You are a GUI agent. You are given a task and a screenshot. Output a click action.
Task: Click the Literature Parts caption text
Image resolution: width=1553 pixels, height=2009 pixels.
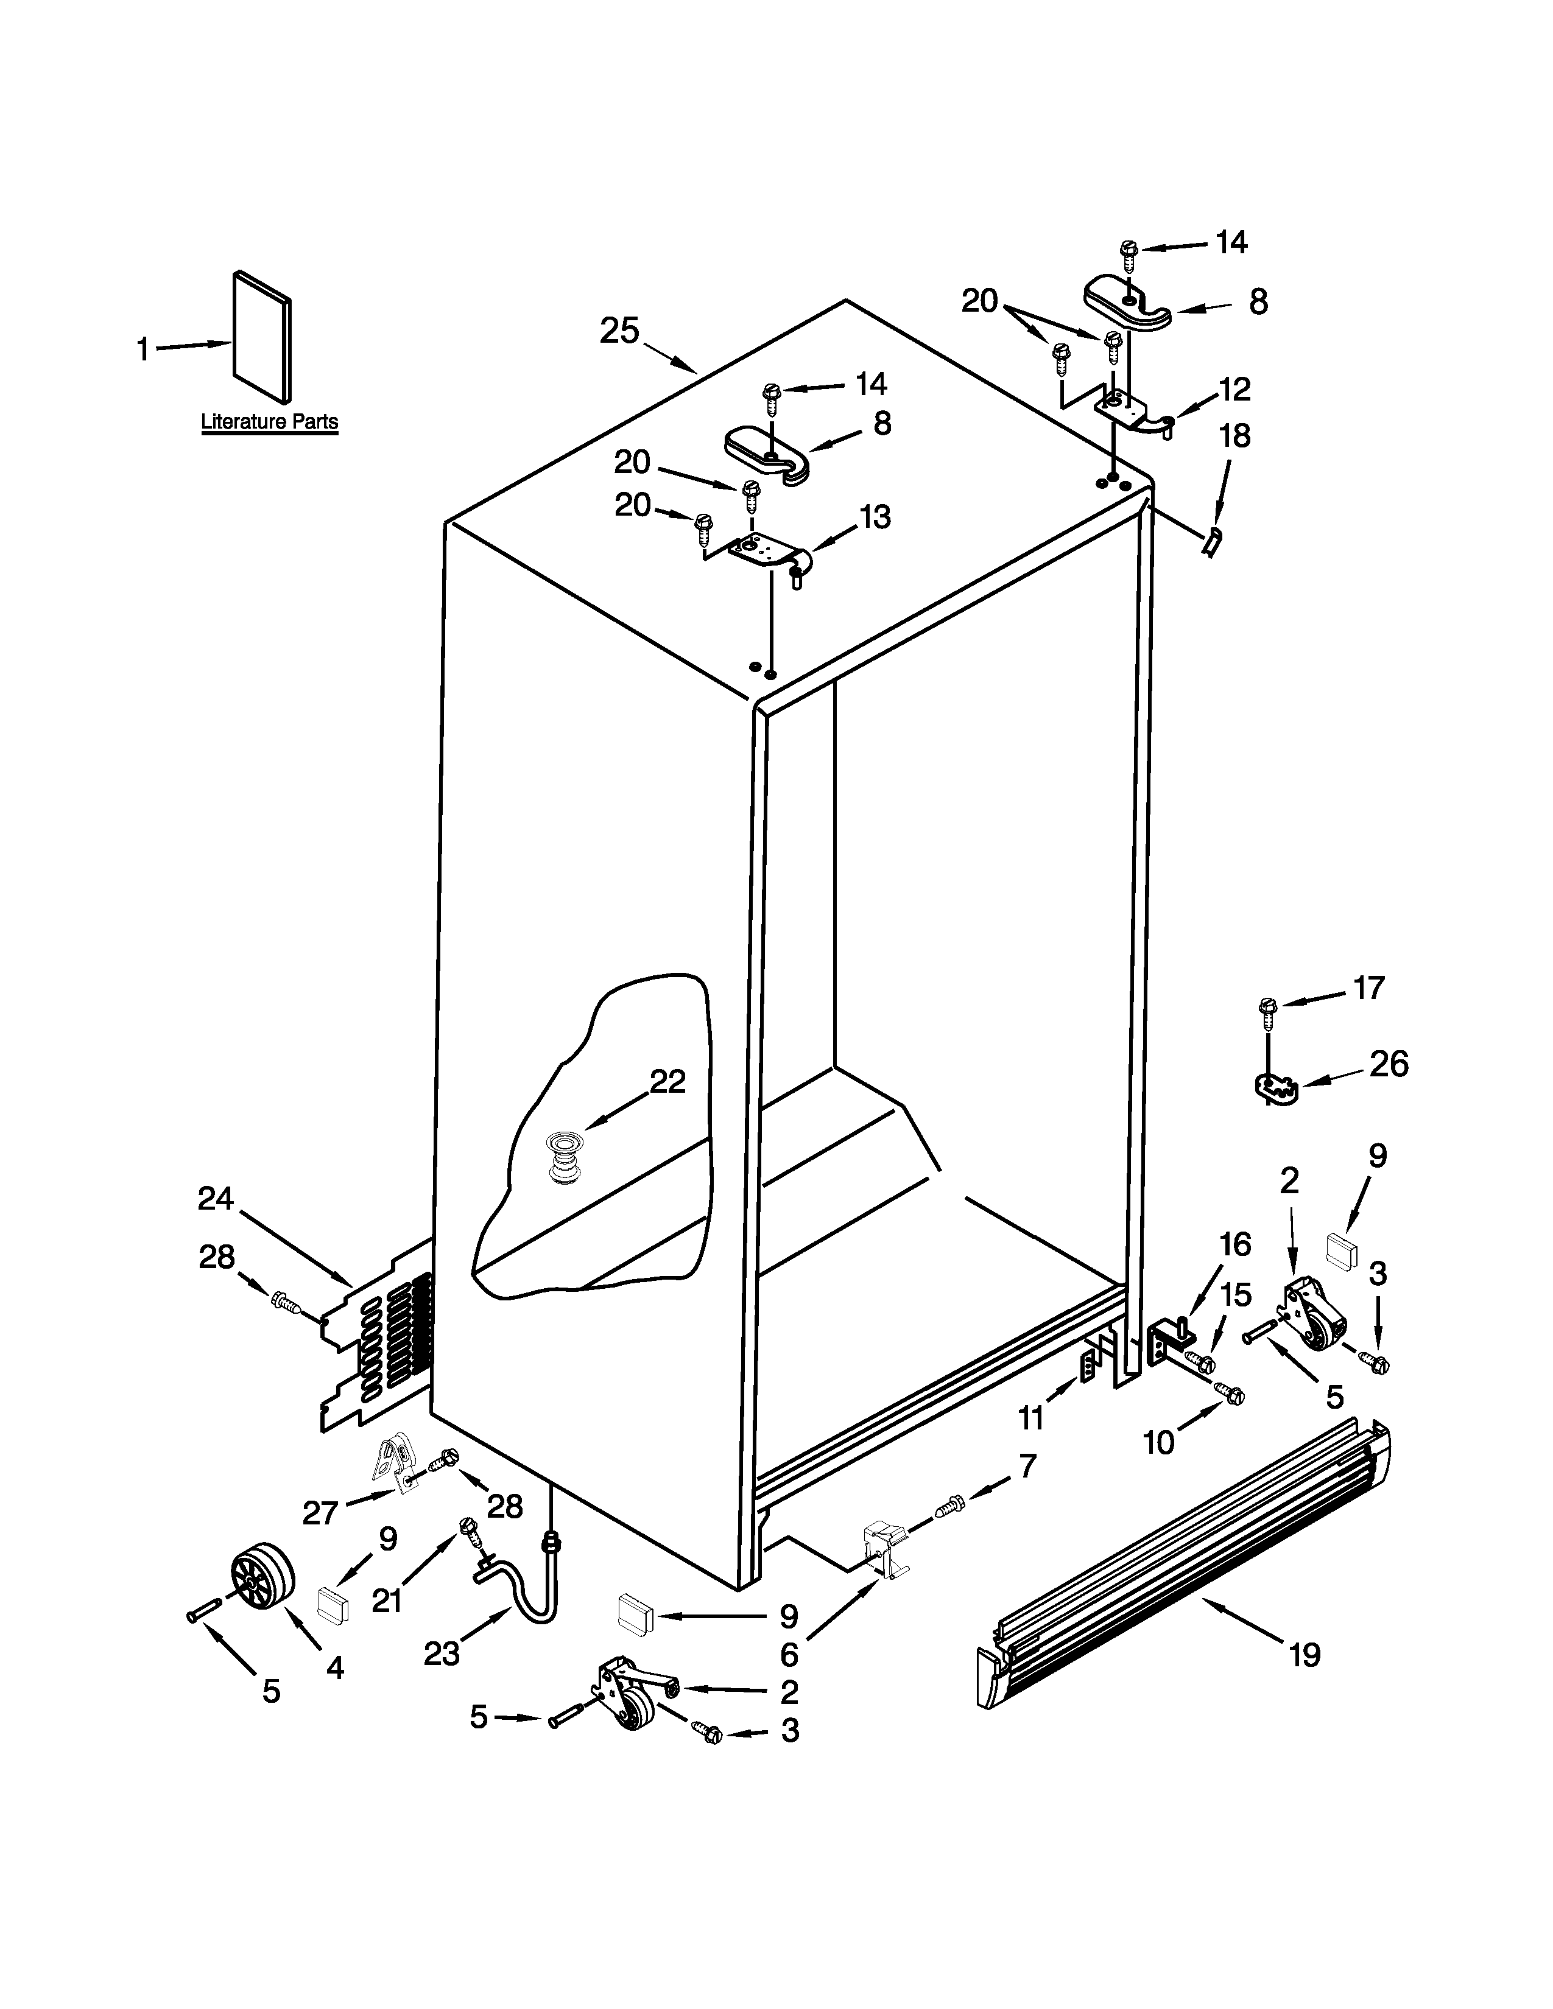click(x=270, y=422)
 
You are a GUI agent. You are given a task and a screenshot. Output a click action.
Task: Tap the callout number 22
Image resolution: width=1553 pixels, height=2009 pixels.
click(x=668, y=1082)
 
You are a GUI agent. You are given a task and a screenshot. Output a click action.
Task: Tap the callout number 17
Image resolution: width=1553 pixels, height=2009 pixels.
click(x=1368, y=988)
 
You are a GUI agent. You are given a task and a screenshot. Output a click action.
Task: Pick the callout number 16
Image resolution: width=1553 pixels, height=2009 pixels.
click(x=1234, y=1244)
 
